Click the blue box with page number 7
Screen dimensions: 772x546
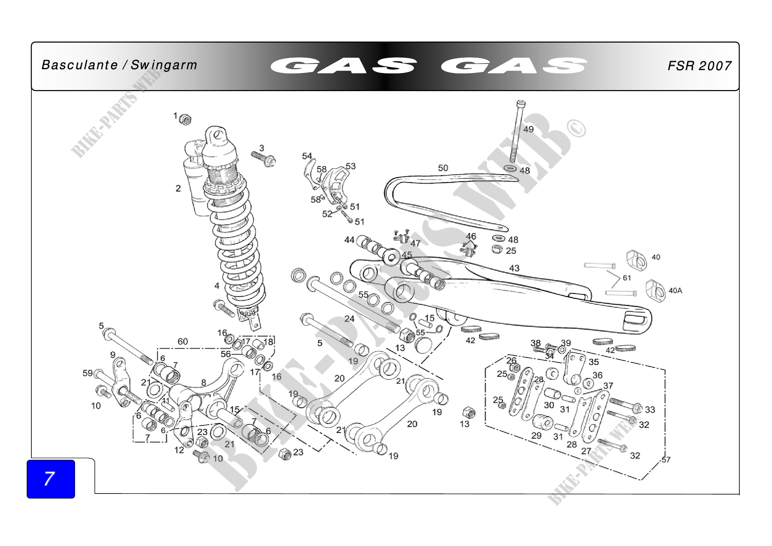pyautogui.click(x=51, y=479)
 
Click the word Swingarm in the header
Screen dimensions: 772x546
pyautogui.click(x=164, y=65)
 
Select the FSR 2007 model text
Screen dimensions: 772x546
pyautogui.click(x=699, y=66)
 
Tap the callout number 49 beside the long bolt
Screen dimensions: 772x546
pyautogui.click(x=528, y=129)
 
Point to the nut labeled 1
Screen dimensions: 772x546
pyautogui.click(x=185, y=119)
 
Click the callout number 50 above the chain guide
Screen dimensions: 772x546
pyautogui.click(x=443, y=168)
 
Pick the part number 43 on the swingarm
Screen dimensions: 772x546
pyautogui.click(x=514, y=268)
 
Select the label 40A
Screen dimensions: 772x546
pyautogui.click(x=675, y=290)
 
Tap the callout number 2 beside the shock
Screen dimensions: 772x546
pyautogui.click(x=178, y=188)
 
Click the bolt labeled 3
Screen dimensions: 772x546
pyautogui.click(x=263, y=159)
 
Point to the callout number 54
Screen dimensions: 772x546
pyautogui.click(x=307, y=156)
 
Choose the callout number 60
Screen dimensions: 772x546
pyautogui.click(x=183, y=342)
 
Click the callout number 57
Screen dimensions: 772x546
pyautogui.click(x=666, y=460)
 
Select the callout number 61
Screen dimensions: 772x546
pyautogui.click(x=627, y=278)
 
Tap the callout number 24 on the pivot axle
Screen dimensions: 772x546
pyautogui.click(x=349, y=319)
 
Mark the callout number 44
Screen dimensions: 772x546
pyautogui.click(x=349, y=240)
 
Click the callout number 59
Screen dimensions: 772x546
pyautogui.click(x=87, y=373)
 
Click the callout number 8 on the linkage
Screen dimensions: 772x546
pyautogui.click(x=203, y=383)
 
